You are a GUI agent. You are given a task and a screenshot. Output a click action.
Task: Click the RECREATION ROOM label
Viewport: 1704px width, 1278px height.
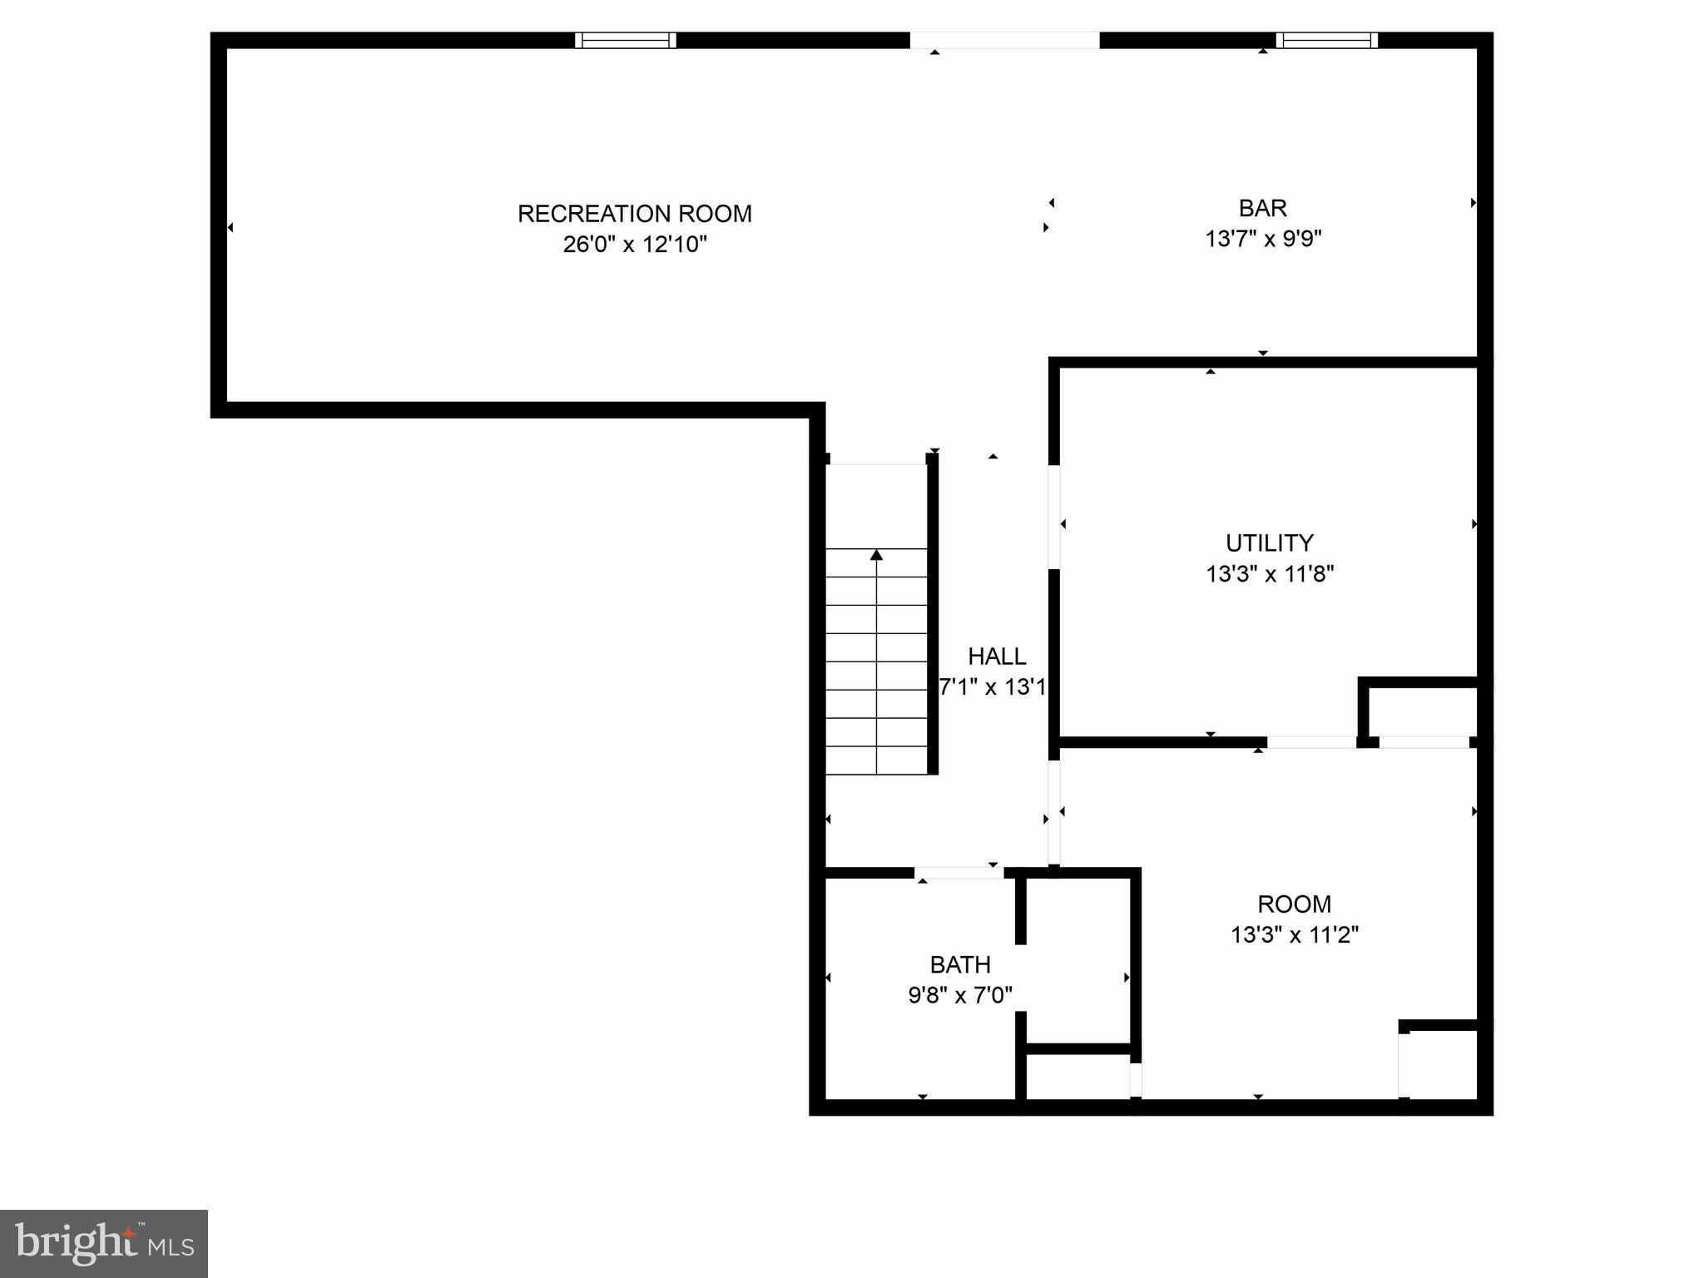pos(634,214)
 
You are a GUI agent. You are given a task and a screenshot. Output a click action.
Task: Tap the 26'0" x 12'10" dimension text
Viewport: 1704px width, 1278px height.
pos(634,245)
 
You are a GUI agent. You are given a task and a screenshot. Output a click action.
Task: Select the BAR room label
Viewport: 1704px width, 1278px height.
pos(1262,208)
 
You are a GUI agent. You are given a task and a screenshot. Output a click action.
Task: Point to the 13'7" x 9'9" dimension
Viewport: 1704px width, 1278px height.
pos(1262,239)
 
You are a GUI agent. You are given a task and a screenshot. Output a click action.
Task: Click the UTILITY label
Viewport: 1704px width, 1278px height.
pos(1269,543)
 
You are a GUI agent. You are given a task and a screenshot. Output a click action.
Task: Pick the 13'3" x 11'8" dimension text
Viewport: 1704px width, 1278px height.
pos(1269,574)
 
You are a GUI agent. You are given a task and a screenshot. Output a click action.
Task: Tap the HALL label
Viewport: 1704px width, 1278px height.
pos(996,656)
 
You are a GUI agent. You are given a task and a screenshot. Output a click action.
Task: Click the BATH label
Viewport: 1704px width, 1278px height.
pos(959,965)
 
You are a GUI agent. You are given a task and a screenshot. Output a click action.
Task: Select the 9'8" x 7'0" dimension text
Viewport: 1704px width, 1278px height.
pos(959,995)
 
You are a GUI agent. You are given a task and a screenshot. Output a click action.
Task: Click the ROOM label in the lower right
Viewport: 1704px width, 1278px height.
pos(1294,904)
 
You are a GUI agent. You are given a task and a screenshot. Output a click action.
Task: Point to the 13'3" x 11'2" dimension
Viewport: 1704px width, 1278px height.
pos(1294,935)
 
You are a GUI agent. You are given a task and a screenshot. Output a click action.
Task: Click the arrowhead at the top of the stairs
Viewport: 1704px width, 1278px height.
pos(876,554)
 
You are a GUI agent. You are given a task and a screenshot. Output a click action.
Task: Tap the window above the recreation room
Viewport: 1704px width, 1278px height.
pos(626,40)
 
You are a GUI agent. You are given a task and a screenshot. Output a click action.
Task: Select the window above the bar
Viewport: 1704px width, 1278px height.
pos(1326,40)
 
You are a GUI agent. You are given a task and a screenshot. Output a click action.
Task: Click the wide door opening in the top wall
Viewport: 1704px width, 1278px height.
pos(1004,40)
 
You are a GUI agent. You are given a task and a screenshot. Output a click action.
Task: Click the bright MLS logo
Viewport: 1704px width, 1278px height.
pos(104,1243)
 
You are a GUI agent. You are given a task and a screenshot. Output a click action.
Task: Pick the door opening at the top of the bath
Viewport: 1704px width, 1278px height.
pos(959,873)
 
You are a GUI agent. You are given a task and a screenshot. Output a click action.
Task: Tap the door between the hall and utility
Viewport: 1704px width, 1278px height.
pos(1054,517)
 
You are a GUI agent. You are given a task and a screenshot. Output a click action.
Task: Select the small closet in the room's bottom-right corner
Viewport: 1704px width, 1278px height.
pos(1441,1065)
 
